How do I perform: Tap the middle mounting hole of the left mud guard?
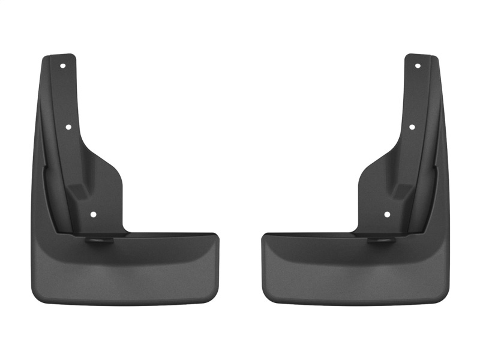coord(68,127)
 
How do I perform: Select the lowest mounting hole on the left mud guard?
coord(93,214)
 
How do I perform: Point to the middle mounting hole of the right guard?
coord(412,127)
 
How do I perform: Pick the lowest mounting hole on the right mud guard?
coord(387,214)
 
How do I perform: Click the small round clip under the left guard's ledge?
coord(96,240)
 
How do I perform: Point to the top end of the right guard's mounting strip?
coord(420,57)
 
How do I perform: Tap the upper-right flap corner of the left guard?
coord(216,236)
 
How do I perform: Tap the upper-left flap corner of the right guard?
coord(264,236)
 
